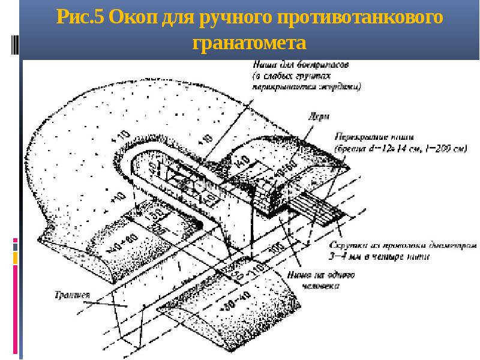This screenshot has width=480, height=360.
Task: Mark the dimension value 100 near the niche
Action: tap(278, 247)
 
